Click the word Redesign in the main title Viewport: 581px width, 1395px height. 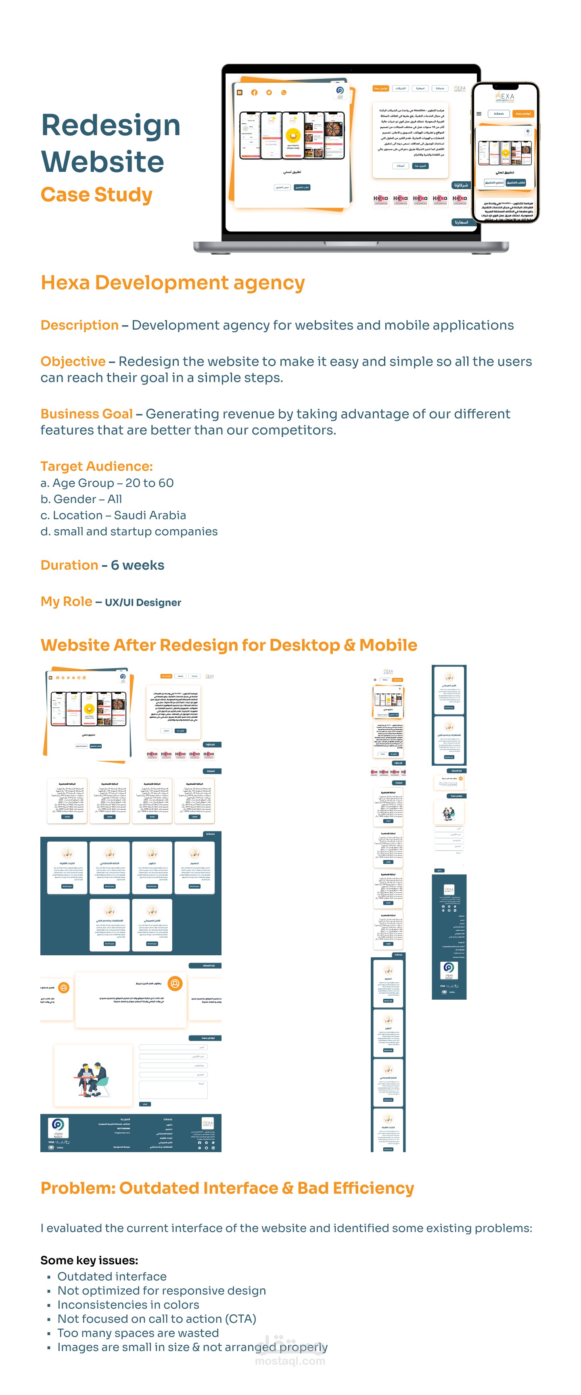coord(111,125)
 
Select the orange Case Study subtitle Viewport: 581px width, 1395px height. coord(96,194)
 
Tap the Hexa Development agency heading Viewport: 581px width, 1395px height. coord(173,283)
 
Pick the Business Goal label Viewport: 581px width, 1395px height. coord(87,414)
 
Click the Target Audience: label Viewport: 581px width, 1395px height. coord(96,466)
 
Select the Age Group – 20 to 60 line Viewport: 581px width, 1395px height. coord(107,483)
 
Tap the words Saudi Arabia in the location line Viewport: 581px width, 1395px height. coord(150,516)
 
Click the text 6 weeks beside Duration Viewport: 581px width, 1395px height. coord(138,565)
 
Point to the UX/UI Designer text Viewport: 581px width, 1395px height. coord(143,603)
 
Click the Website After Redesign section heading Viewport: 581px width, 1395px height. coord(228,645)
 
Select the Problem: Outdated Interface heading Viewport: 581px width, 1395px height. coord(227,1188)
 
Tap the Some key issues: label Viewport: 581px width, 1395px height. coord(89,1260)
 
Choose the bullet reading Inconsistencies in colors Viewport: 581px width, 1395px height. coord(128,1305)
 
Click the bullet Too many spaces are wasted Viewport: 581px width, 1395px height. coord(138,1333)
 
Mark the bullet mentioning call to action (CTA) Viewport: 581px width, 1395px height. coord(157,1319)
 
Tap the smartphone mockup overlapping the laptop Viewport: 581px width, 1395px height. coord(505,153)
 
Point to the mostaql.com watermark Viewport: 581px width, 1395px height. coord(290,1361)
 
